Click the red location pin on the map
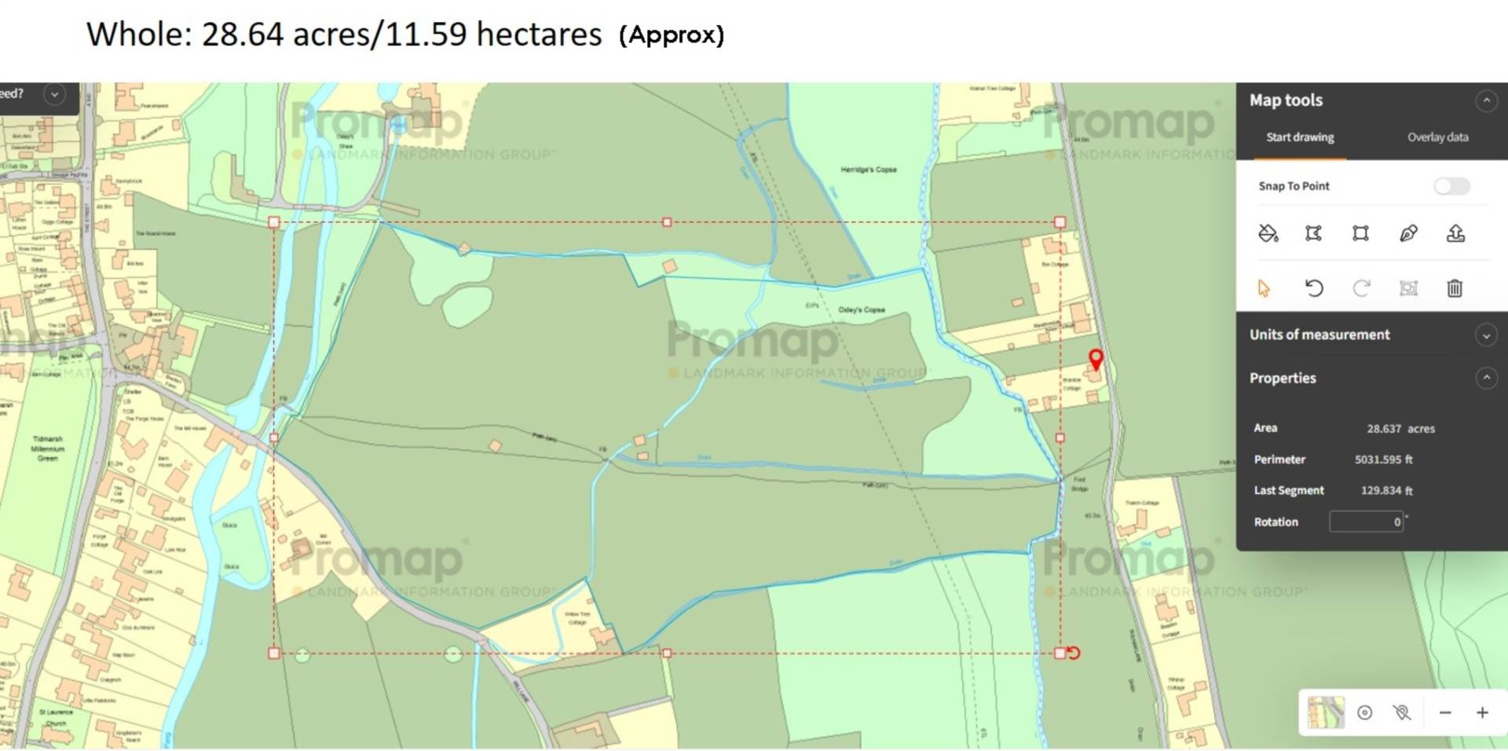point(1096,359)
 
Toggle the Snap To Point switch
point(1451,186)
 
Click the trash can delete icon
point(1455,288)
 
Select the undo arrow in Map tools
point(1313,288)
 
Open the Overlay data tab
point(1437,137)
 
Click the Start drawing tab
point(1300,137)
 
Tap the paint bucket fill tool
point(1268,233)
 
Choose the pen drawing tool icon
point(1408,233)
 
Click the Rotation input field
point(1366,522)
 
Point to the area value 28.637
point(1383,429)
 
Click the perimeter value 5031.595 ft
point(1383,460)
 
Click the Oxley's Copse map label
point(861,310)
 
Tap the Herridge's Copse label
point(868,170)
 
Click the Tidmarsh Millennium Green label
point(48,449)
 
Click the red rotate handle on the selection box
point(1074,653)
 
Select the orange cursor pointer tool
point(1264,288)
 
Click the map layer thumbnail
point(1326,713)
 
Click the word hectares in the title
point(539,35)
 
